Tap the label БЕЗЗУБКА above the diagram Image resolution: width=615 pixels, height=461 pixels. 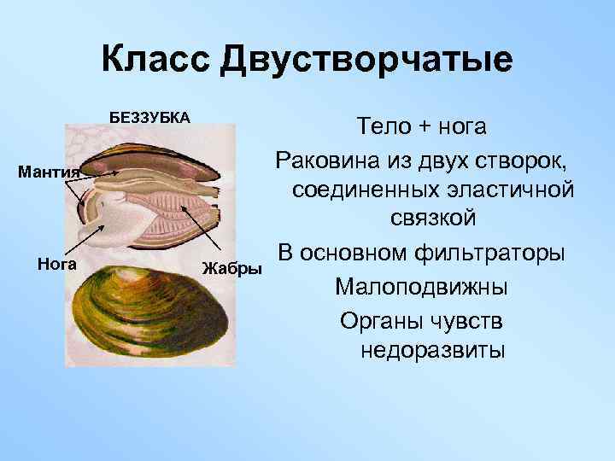[x=149, y=116]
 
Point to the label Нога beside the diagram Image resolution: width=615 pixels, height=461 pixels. [x=58, y=263]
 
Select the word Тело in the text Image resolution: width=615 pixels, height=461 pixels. [x=384, y=127]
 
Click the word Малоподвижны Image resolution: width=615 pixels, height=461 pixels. [x=421, y=286]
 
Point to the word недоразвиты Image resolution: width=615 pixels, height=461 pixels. [x=432, y=350]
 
